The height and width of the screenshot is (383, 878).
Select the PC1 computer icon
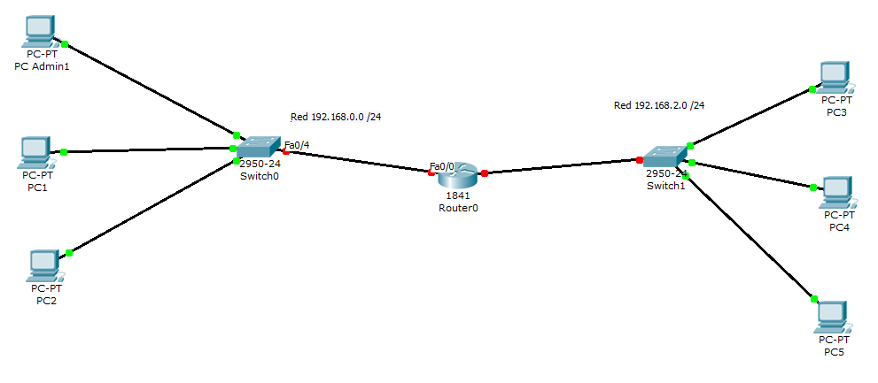(36, 152)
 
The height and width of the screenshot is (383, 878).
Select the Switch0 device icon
(258, 149)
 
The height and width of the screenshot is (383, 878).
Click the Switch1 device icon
(665, 156)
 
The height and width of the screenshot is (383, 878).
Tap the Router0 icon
(457, 176)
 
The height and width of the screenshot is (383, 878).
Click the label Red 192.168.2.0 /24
(659, 105)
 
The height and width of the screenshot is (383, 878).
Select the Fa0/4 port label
(297, 145)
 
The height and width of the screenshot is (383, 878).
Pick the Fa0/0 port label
(441, 166)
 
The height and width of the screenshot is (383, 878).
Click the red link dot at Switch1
(639, 160)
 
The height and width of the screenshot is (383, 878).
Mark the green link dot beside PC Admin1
(65, 42)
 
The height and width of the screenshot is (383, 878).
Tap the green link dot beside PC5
(814, 299)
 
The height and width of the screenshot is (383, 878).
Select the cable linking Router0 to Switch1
(563, 166)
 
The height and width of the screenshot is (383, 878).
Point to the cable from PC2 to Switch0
(151, 207)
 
